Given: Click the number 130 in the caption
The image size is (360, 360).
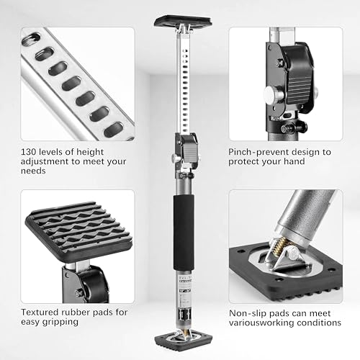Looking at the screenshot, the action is (x=28, y=152).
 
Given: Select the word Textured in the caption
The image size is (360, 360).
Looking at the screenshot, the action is (x=40, y=312).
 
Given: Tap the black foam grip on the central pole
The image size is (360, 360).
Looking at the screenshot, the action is (x=184, y=233).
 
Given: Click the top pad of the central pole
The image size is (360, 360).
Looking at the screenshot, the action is (x=183, y=21).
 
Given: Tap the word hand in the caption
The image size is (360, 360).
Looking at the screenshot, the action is (x=294, y=161).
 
